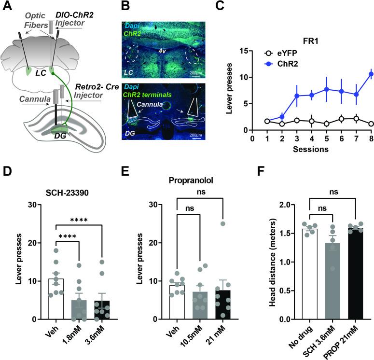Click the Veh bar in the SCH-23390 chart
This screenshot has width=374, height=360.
pos(56,299)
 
